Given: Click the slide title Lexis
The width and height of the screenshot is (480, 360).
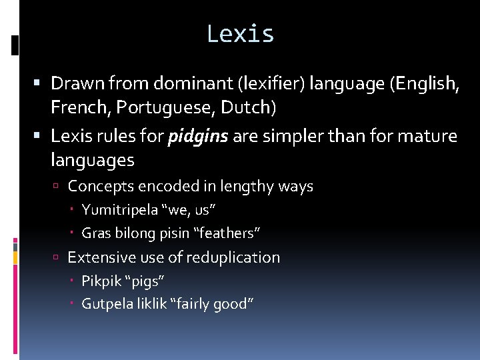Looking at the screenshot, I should tap(240, 33).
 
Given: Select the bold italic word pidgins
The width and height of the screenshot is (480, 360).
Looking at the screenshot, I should tap(197, 137).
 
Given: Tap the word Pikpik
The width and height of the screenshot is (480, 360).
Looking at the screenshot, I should tap(101, 281).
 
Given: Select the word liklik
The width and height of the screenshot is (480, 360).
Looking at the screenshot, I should tap(151, 304).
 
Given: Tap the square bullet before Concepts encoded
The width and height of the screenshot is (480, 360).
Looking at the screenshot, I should tap(59, 187).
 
